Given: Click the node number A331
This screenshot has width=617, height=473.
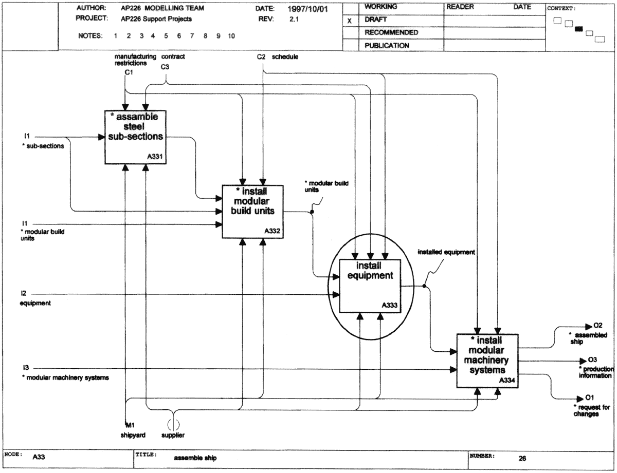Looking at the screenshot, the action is pyautogui.click(x=155, y=156).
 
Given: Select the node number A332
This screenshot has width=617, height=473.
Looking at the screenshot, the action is pyautogui.click(x=273, y=231).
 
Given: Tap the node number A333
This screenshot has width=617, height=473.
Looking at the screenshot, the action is pyautogui.click(x=390, y=305).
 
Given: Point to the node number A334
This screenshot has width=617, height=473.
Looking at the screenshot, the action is pyautogui.click(x=507, y=380).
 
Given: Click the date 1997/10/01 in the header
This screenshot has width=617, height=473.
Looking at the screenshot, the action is pyautogui.click(x=307, y=9).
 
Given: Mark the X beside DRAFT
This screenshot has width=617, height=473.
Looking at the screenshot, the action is pyautogui.click(x=350, y=21).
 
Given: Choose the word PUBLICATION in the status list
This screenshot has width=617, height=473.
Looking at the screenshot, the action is pyautogui.click(x=387, y=45).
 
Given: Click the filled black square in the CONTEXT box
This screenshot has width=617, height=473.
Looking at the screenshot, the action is pyautogui.click(x=578, y=29).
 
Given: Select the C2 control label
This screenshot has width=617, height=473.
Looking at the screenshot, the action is pyautogui.click(x=261, y=56).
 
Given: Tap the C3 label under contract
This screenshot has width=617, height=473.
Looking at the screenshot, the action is pyautogui.click(x=165, y=67).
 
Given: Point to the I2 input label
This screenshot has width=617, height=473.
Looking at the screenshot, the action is pyautogui.click(x=23, y=293).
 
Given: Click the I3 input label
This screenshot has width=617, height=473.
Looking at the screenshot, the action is pyautogui.click(x=26, y=368).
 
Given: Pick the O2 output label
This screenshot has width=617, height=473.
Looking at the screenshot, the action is pyautogui.click(x=597, y=325).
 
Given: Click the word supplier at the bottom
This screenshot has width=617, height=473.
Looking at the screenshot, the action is pyautogui.click(x=173, y=435).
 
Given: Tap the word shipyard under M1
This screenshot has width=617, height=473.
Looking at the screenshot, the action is pyautogui.click(x=133, y=435).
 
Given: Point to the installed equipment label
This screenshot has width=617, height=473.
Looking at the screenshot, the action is pyautogui.click(x=446, y=252).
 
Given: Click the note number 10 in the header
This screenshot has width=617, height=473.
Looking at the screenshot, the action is pyautogui.click(x=231, y=36).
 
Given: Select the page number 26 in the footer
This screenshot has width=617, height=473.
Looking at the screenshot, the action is pyautogui.click(x=522, y=459).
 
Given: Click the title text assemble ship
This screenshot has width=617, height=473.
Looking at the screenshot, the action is pyautogui.click(x=195, y=458).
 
